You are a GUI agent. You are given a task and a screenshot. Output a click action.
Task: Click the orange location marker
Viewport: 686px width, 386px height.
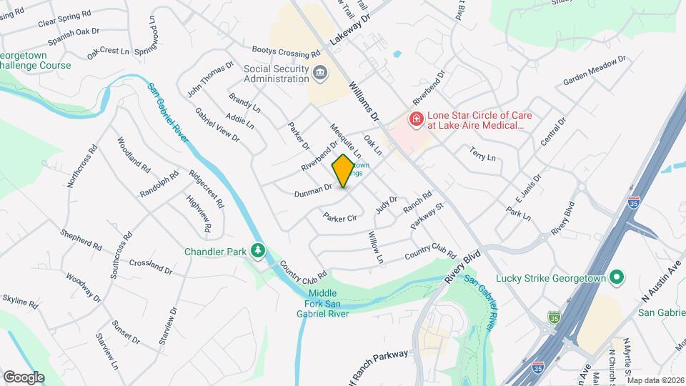click(x=343, y=171)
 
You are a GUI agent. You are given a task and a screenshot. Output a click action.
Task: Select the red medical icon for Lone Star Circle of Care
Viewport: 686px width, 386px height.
click(x=414, y=118)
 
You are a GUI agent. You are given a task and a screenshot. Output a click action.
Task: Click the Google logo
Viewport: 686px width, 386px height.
click(x=24, y=377)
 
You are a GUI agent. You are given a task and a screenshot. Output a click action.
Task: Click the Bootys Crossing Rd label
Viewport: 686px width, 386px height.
click(x=286, y=52)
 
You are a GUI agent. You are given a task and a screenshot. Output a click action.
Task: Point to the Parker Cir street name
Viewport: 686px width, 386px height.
click(x=339, y=217)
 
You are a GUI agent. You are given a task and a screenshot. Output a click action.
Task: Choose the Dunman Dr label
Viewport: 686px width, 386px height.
click(x=313, y=190)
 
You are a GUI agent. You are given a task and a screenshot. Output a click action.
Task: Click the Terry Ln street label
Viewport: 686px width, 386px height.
click(x=482, y=154)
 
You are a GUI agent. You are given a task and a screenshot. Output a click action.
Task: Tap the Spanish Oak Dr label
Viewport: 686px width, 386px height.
click(x=71, y=33)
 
